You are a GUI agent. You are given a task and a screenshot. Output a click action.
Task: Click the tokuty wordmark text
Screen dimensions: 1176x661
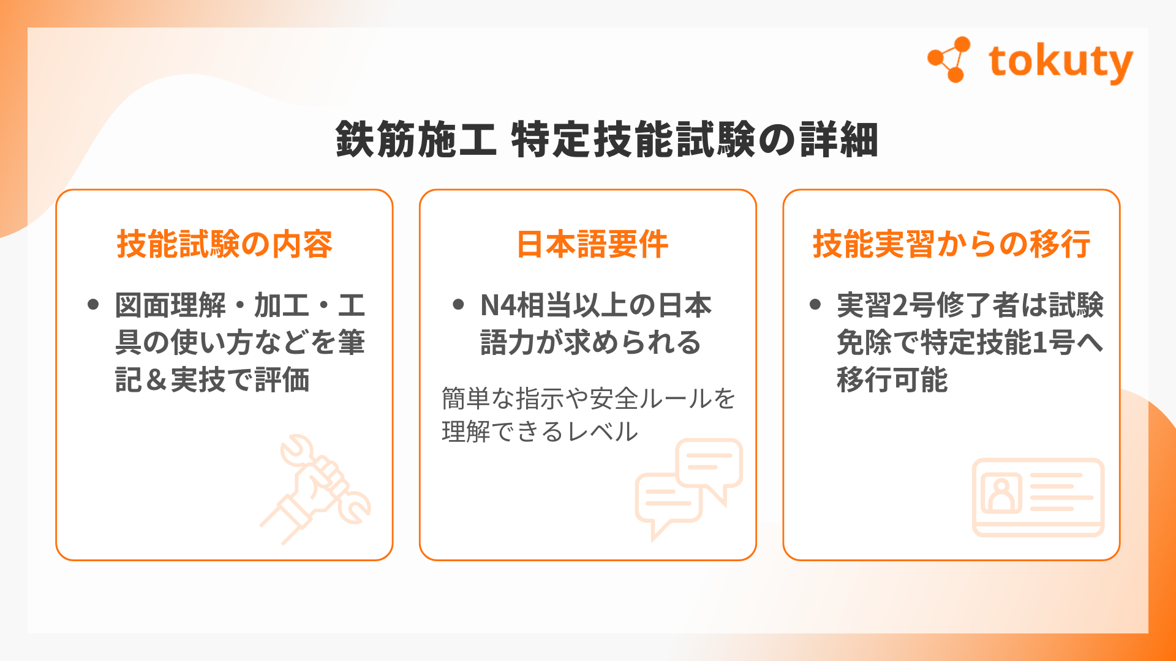click(x=1060, y=62)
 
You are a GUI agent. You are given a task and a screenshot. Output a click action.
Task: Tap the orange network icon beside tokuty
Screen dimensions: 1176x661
click(x=949, y=59)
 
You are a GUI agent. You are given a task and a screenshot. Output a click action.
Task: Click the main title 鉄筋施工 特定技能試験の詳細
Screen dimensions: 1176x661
click(x=607, y=140)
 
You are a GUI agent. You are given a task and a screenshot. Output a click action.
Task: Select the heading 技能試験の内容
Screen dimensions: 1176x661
click(x=224, y=244)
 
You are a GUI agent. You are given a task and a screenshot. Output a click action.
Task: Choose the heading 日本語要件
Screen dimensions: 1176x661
click(x=592, y=244)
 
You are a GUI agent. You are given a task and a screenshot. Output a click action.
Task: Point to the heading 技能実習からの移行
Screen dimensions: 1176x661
click(x=951, y=244)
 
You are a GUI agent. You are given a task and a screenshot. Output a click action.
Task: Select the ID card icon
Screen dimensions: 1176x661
click(x=1038, y=498)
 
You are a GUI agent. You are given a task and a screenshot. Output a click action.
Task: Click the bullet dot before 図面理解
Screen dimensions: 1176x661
click(x=93, y=304)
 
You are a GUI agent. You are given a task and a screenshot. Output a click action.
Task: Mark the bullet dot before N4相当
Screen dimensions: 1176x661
click(x=458, y=304)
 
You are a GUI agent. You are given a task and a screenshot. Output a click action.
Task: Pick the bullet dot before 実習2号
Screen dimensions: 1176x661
click(x=815, y=304)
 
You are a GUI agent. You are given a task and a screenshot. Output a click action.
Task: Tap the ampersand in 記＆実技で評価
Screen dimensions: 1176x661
click(x=156, y=380)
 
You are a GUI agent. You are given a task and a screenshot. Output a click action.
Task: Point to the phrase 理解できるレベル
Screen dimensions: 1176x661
click(x=540, y=432)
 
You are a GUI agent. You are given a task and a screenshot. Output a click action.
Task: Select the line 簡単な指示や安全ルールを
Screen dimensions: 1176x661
click(x=588, y=399)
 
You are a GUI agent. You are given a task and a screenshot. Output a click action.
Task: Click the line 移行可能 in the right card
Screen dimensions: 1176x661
click(x=892, y=379)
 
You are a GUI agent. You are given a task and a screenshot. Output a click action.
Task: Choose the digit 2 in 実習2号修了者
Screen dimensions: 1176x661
click(x=900, y=305)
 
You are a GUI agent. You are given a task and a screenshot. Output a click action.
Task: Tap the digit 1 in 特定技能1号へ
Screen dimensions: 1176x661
click(x=1039, y=343)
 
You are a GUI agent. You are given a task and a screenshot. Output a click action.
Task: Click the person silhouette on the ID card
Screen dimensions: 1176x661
click(x=1002, y=495)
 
